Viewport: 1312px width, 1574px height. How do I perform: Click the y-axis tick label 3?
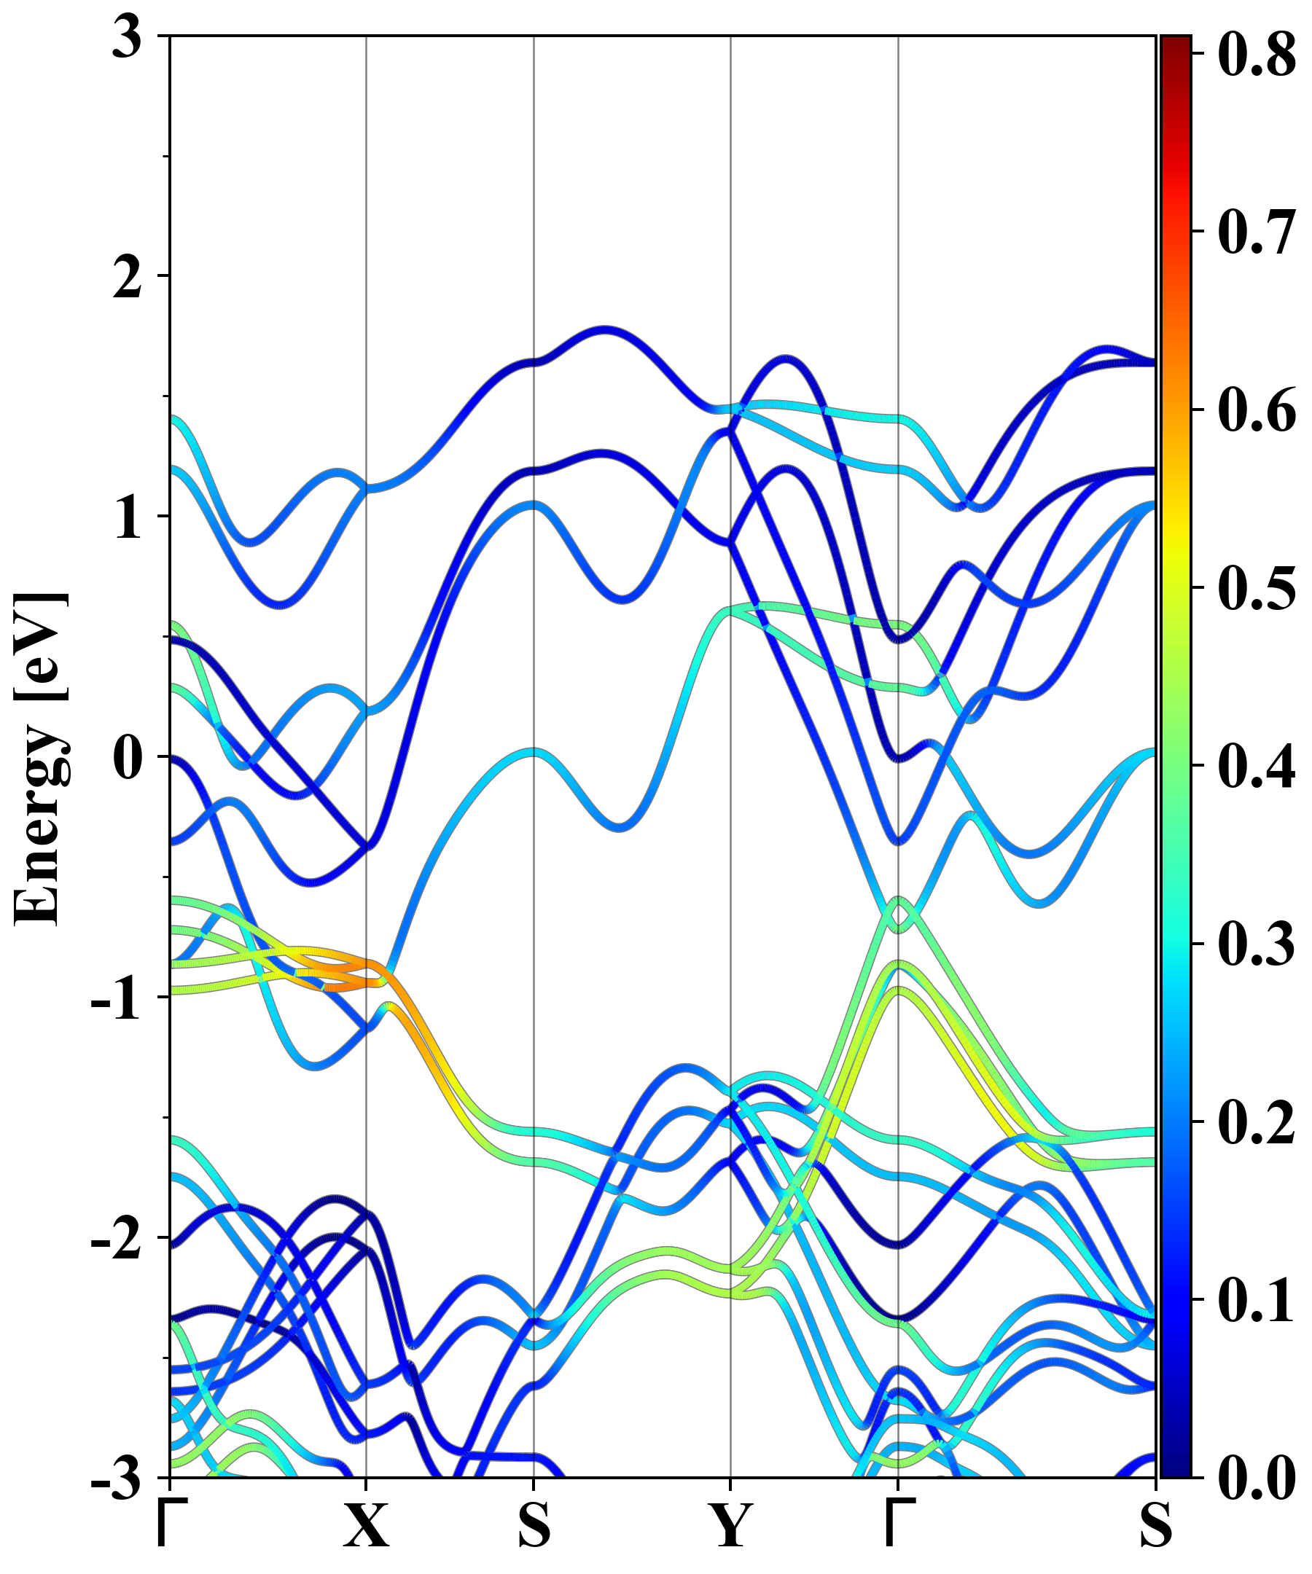pyautogui.click(x=127, y=37)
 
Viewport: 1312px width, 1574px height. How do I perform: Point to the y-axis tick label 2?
pyautogui.click(x=127, y=278)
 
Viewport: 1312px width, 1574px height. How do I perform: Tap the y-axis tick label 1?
pyautogui.click(x=128, y=517)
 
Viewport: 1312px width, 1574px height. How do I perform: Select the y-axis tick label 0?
pyautogui.click(x=127, y=757)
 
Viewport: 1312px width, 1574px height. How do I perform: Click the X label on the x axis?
pyautogui.click(x=366, y=1525)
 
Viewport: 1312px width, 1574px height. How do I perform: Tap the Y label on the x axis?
pyautogui.click(x=730, y=1525)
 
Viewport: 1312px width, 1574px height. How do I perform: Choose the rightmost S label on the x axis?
pyautogui.click(x=1155, y=1525)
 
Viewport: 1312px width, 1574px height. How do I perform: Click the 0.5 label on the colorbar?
pyautogui.click(x=1257, y=587)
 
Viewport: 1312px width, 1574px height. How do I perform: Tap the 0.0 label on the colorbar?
pyautogui.click(x=1257, y=1476)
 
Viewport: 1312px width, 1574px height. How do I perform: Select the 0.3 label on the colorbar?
pyautogui.click(x=1257, y=943)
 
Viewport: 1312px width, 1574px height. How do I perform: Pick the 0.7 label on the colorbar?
pyautogui.click(x=1257, y=232)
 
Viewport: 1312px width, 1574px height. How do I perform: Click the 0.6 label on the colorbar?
pyautogui.click(x=1257, y=410)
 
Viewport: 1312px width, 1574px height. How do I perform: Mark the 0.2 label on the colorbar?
pyautogui.click(x=1257, y=1121)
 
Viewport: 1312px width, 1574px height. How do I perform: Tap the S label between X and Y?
pyautogui.click(x=534, y=1525)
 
